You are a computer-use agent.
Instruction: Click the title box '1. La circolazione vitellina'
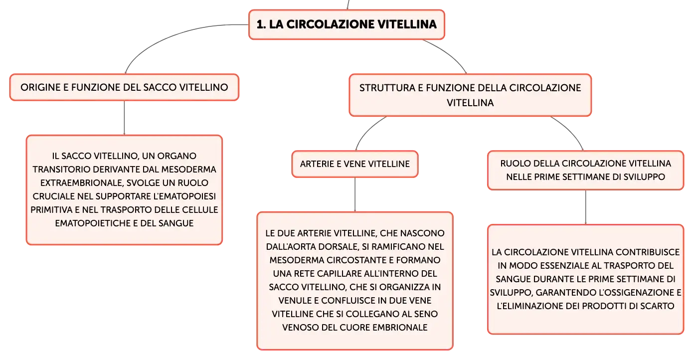pos(347,24)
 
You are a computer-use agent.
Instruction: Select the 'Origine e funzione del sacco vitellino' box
pos(124,87)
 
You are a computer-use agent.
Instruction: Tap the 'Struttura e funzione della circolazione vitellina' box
pos(470,95)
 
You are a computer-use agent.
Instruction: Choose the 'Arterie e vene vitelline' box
pos(355,164)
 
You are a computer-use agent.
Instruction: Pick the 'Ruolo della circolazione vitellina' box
pos(585,171)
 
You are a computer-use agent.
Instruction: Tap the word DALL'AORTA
pos(291,247)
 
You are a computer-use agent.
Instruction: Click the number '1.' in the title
pos(261,24)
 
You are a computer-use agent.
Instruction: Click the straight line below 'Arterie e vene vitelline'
pos(355,194)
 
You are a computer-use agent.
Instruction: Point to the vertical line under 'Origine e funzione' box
pos(124,118)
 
